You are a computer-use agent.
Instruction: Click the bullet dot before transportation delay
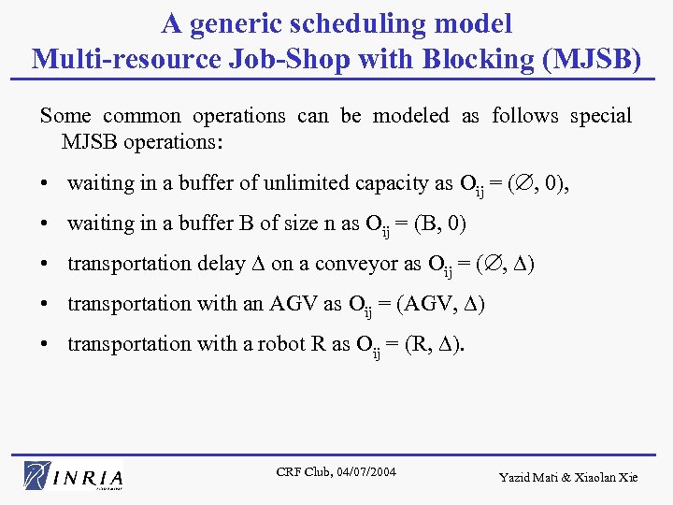point(45,264)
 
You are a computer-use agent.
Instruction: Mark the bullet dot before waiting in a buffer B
point(45,224)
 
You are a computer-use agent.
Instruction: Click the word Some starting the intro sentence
point(65,116)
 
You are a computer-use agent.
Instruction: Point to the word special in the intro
point(599,116)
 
